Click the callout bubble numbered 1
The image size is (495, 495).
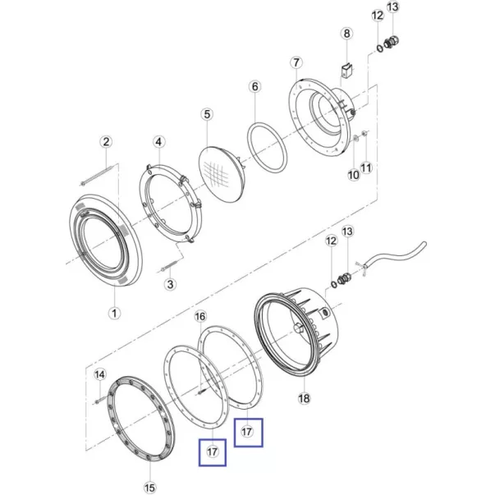[x=114, y=313]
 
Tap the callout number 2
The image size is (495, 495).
[x=106, y=141]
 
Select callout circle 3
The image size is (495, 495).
[x=170, y=284]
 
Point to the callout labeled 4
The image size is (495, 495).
[x=158, y=142]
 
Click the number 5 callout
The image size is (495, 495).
[x=207, y=114]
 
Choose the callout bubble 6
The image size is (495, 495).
[x=255, y=86]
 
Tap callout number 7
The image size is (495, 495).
[x=296, y=62]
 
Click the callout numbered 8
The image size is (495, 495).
[x=346, y=33]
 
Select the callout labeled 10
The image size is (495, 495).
[x=354, y=175]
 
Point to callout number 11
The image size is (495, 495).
[x=366, y=167]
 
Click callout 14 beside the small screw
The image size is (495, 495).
[x=100, y=374]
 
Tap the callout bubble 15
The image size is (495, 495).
[x=150, y=487]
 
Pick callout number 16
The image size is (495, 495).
[x=200, y=316]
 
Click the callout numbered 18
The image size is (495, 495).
[x=304, y=398]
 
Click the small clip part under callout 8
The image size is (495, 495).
[x=347, y=70]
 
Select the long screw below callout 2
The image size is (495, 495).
[x=96, y=176]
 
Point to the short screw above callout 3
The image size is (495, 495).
[x=171, y=265]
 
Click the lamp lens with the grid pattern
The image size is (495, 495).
[x=219, y=173]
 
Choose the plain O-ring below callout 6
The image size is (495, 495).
[x=267, y=148]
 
